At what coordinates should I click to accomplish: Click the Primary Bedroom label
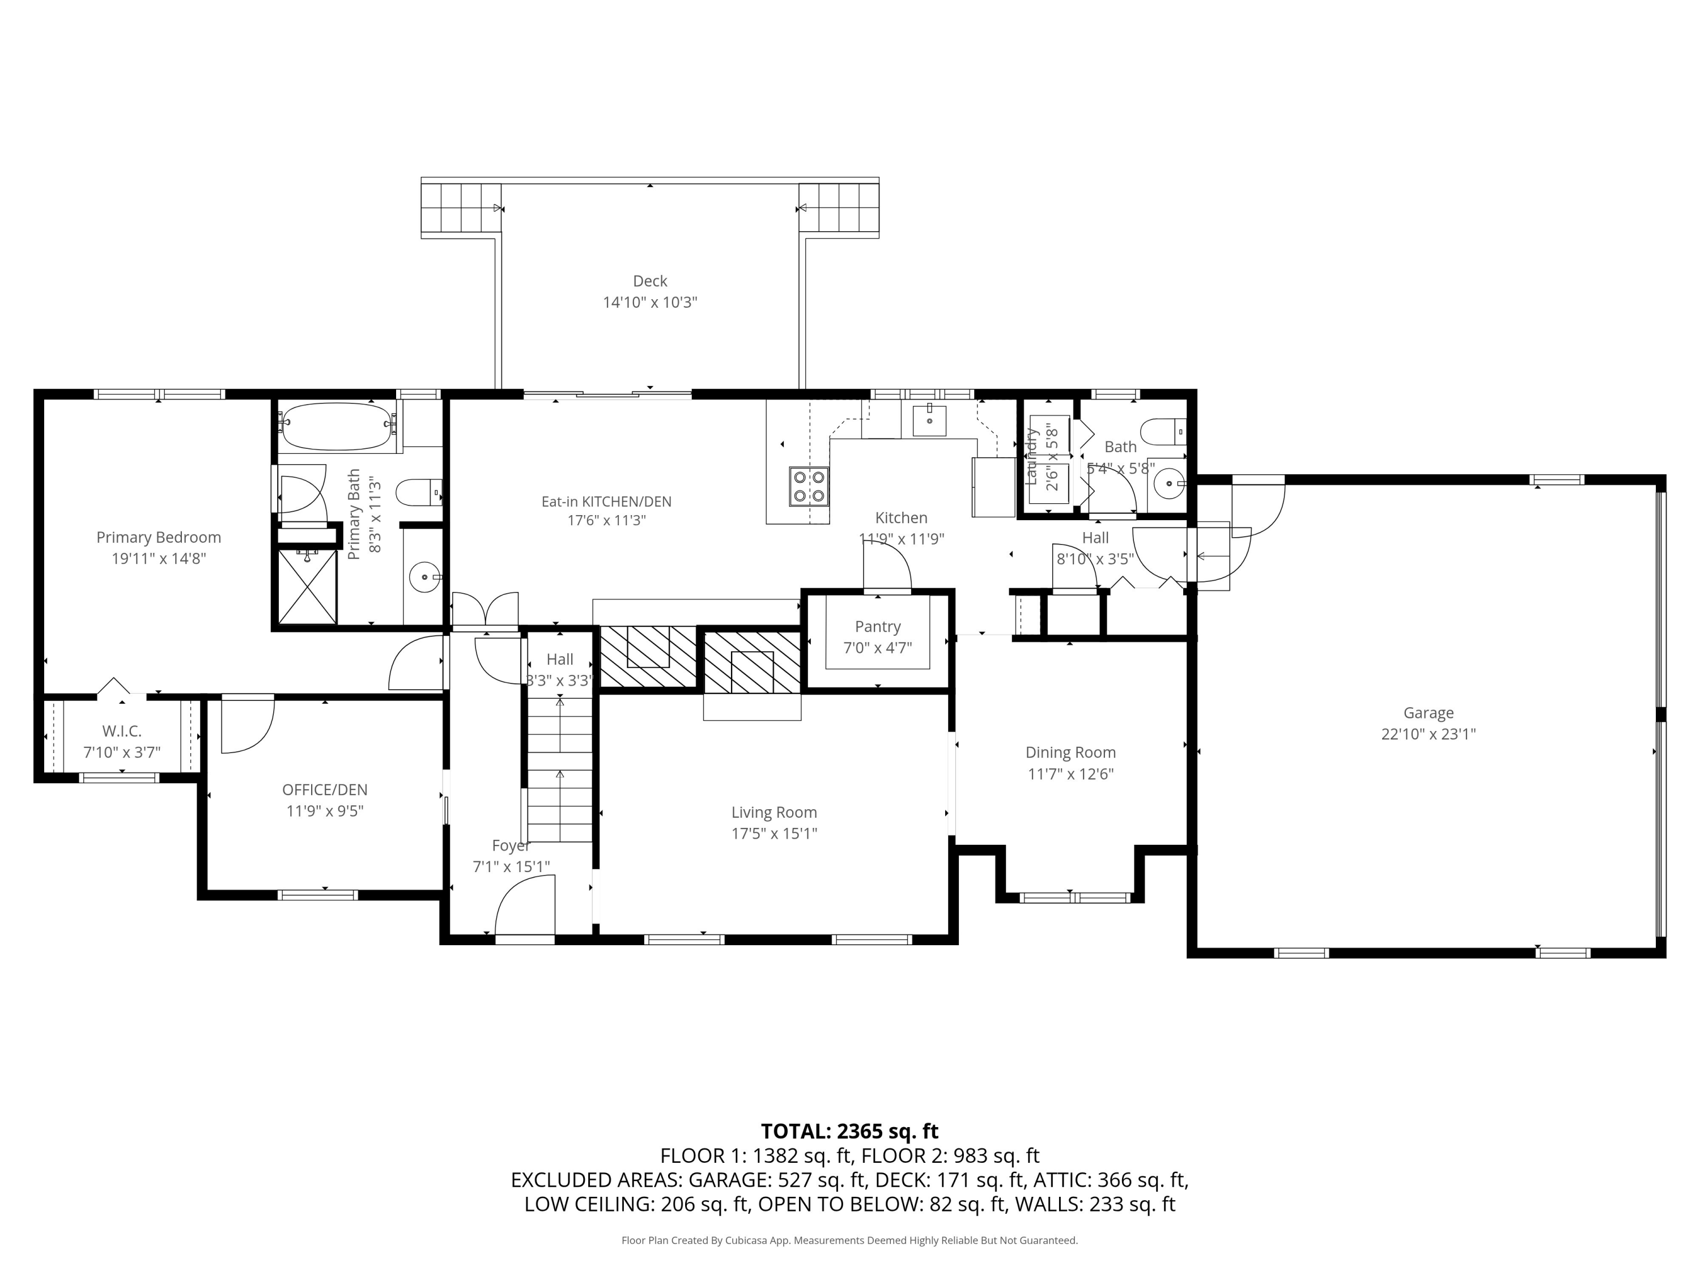tap(158, 537)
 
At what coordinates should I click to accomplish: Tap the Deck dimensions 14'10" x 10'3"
tap(649, 302)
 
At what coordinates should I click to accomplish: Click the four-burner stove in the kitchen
tap(809, 486)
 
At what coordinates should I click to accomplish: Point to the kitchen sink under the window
tap(929, 420)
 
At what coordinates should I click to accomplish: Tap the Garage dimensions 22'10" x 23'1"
tap(1428, 734)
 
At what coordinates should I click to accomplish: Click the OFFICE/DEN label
tap(324, 789)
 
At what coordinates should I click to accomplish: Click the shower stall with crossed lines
tap(307, 586)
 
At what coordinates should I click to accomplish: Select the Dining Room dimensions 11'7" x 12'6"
tap(1070, 774)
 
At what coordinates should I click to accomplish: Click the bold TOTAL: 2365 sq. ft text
tap(849, 1131)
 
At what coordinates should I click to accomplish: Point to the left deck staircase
tap(459, 209)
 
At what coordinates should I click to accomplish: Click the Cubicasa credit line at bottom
tap(849, 1240)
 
